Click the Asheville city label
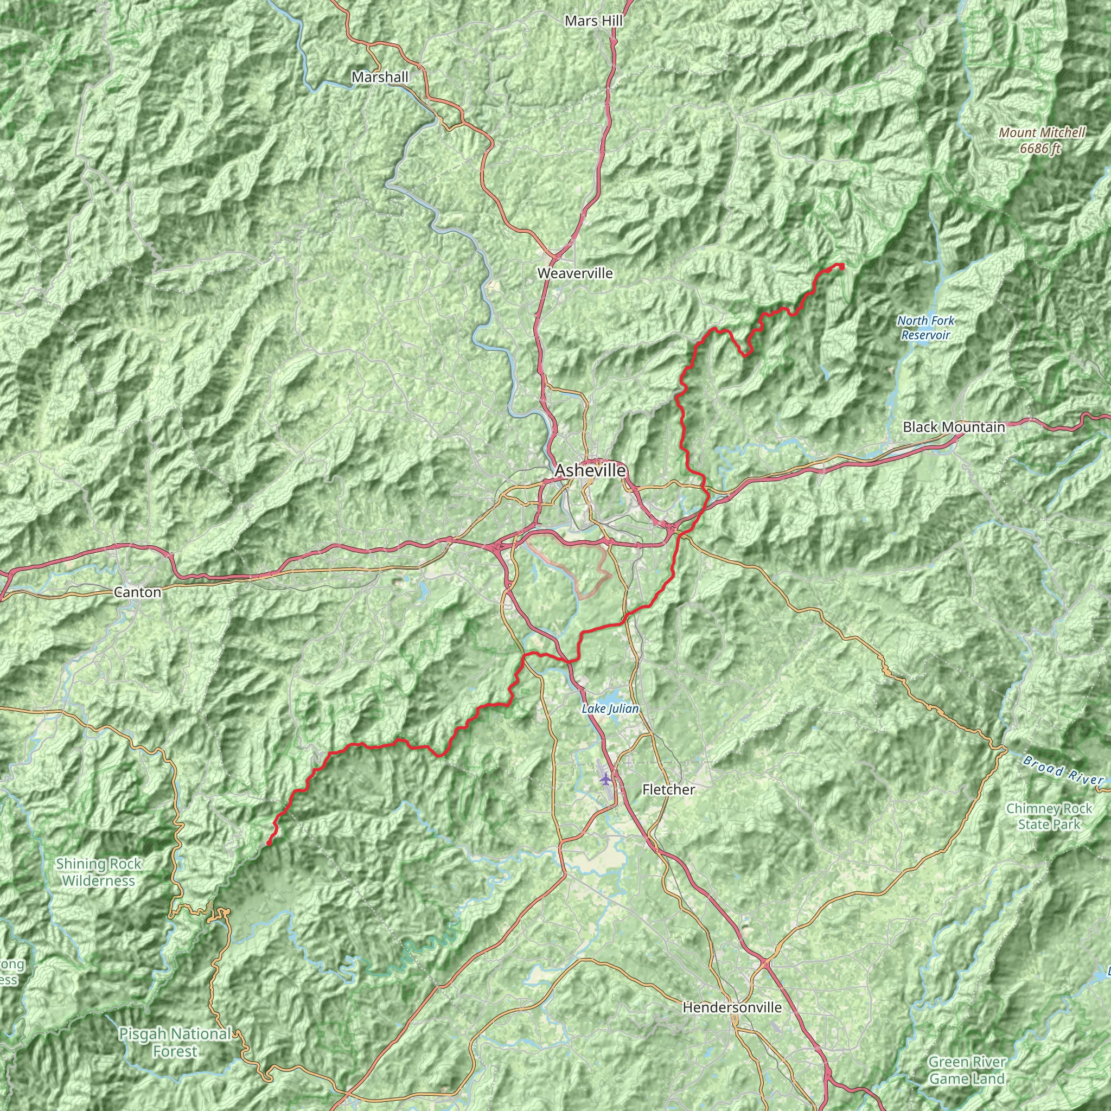pos(590,470)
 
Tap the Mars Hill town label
pos(593,21)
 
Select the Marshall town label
pos(380,76)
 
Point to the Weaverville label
pos(575,273)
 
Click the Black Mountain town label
pos(954,427)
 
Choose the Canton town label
pos(137,592)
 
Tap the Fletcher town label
pos(668,789)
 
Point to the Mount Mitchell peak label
pos(1042,132)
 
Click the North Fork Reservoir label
pos(926,328)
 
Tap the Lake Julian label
pos(610,708)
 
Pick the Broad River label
pos(1063,771)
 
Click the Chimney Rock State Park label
pos(1049,816)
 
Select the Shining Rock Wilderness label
pos(99,872)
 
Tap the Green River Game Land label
pos(967,1070)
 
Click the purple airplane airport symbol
pos(605,778)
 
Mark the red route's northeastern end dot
pos(841,266)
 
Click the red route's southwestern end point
pos(269,843)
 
